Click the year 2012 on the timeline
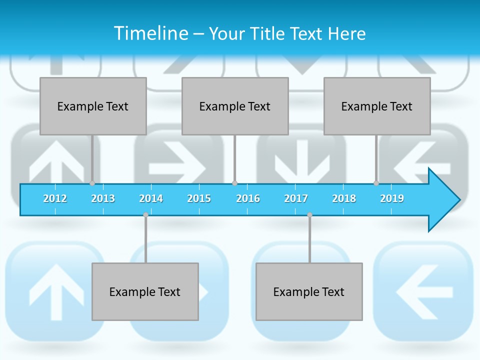click(55, 198)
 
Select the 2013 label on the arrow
click(103, 198)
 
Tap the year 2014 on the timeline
click(151, 198)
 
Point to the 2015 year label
click(199, 198)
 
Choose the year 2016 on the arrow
click(248, 198)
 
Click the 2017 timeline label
click(296, 198)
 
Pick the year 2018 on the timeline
click(344, 198)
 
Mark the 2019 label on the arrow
click(392, 198)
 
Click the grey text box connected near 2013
click(93, 106)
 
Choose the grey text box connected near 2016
click(235, 106)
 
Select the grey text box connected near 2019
click(377, 106)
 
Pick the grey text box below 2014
click(145, 291)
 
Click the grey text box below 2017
click(309, 291)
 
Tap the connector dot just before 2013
click(92, 183)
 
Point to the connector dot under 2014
click(145, 215)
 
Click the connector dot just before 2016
click(234, 183)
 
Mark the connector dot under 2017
click(309, 215)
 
